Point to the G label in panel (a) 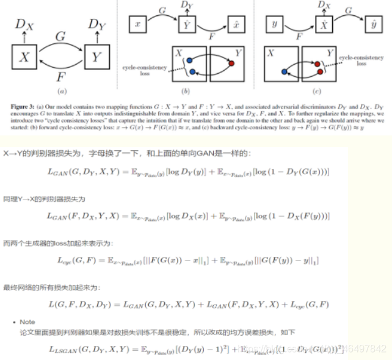tap(60, 37)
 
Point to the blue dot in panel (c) tap(285, 71)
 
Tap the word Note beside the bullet tap(27, 322)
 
